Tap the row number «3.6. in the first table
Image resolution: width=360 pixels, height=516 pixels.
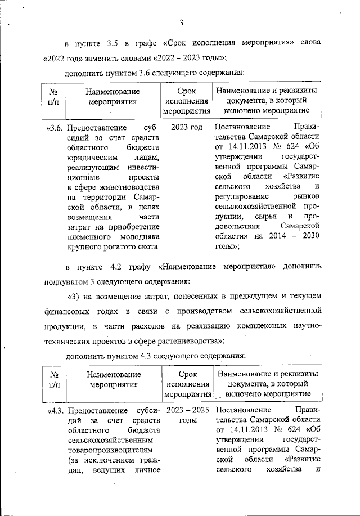point(56,128)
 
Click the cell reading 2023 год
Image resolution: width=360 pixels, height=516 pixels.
point(186,128)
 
